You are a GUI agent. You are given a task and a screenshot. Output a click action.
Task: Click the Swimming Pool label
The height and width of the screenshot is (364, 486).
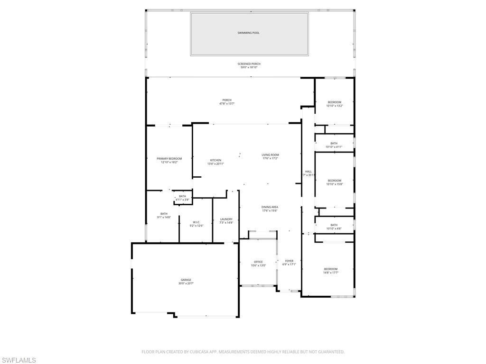point(249,33)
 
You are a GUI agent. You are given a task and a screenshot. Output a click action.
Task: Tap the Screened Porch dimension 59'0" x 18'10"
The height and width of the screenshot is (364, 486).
point(249,68)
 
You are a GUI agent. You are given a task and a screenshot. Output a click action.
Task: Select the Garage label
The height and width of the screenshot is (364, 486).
point(186,280)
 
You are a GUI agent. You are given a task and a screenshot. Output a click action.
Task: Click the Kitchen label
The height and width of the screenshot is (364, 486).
point(215,160)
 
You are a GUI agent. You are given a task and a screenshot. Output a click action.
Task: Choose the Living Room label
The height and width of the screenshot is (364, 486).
point(270,155)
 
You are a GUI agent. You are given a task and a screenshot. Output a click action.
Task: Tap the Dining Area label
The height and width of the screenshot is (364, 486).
point(270,207)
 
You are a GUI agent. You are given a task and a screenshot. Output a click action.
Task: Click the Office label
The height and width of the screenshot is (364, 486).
point(258,262)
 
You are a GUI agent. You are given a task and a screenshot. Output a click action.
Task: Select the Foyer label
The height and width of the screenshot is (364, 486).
point(289,261)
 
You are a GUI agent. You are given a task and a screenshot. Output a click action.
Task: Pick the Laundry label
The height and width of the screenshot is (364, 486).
point(226,219)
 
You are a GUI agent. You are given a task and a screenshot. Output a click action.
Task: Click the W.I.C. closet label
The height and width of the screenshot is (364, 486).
point(196,222)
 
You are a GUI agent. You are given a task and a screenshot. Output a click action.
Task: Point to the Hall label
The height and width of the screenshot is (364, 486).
point(308,172)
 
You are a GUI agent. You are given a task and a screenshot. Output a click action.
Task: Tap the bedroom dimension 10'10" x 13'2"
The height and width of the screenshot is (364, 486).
point(334,106)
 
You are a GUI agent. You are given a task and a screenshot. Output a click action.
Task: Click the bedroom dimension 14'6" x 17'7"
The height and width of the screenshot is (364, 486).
point(330,273)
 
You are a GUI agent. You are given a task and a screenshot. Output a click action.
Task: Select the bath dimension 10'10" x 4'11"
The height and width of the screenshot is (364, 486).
point(334,147)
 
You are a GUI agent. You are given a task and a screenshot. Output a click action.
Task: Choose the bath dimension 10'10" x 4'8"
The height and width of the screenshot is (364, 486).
point(334,229)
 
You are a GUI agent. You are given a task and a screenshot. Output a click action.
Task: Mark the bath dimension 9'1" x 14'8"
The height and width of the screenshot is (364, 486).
point(164,217)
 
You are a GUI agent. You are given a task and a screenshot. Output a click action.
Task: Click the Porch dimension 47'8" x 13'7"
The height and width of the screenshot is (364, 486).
point(227,104)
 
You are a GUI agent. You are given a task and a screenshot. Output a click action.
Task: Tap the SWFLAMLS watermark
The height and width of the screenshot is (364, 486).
point(18,360)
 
